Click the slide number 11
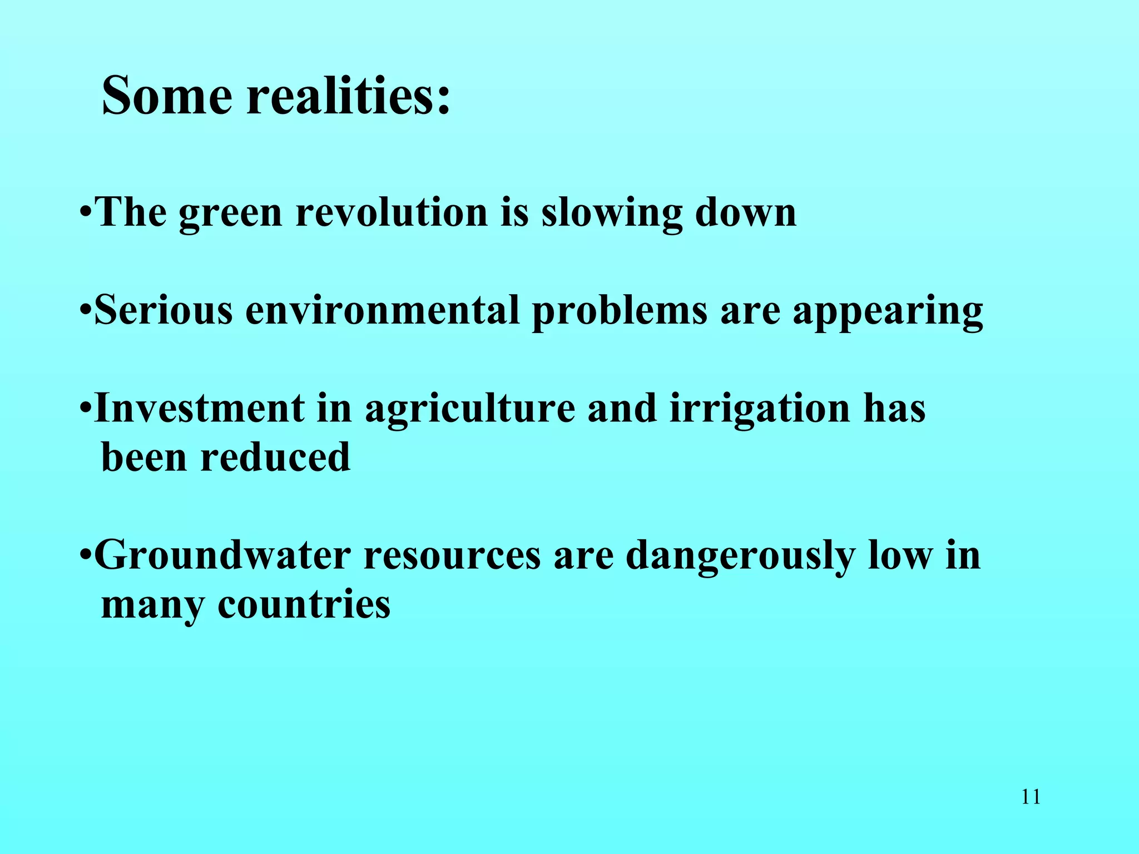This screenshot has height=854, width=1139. [1031, 797]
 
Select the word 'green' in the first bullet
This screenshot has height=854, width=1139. [230, 214]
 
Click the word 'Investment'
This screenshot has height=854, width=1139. [200, 408]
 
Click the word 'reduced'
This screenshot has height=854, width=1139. [275, 457]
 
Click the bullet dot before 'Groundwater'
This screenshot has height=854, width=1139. [85, 555]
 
